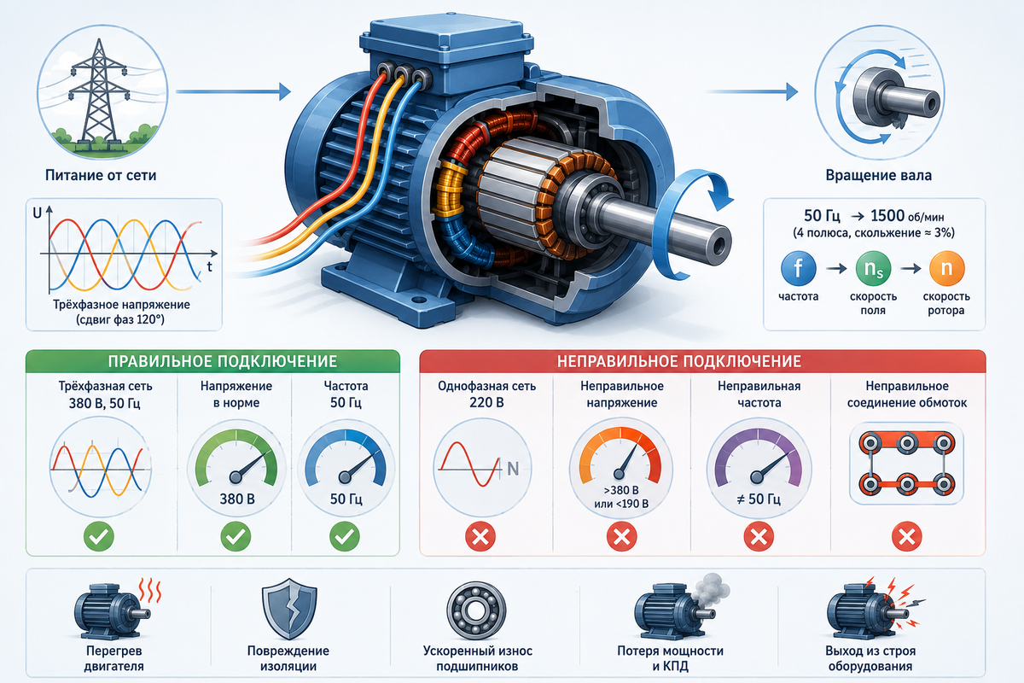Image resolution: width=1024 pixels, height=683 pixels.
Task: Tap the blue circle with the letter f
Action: (798, 269)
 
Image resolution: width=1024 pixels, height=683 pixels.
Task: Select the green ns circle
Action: (873, 269)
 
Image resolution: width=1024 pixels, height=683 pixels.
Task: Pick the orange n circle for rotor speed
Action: (946, 269)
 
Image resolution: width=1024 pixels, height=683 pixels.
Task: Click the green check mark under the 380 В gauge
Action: (236, 536)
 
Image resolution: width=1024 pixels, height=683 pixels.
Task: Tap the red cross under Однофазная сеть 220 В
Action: (480, 536)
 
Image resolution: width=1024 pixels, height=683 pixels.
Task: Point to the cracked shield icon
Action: (289, 609)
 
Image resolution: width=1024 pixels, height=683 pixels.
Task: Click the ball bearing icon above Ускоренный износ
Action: (476, 610)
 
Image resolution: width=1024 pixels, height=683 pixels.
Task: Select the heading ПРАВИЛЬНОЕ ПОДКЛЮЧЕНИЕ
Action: (223, 361)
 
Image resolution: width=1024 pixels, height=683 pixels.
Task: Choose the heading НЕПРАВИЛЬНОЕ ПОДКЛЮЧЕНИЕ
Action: (679, 361)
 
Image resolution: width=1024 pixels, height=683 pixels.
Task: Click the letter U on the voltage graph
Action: (37, 213)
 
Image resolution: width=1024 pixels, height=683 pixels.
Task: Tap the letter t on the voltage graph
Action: (209, 266)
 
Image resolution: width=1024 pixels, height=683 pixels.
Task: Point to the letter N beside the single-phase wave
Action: (513, 469)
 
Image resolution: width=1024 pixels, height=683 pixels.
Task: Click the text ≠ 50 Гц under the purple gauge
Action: (759, 499)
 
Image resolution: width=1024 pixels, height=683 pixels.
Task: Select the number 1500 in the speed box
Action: (887, 215)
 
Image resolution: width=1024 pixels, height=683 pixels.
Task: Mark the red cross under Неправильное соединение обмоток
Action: (907, 536)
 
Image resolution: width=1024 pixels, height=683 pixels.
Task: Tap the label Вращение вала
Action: (878, 175)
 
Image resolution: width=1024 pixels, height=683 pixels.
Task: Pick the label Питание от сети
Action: (101, 175)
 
